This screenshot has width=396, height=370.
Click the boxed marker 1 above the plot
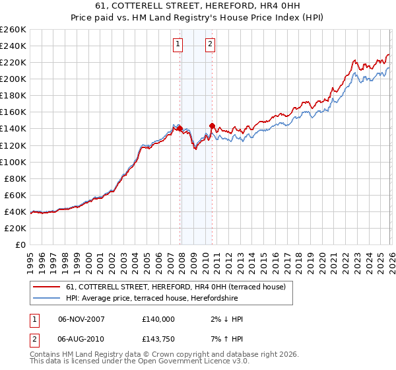[x=178, y=44]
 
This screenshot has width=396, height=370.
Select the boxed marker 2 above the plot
[x=210, y=44]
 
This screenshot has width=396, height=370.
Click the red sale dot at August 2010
[x=212, y=125]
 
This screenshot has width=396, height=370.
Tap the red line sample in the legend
[x=46, y=287]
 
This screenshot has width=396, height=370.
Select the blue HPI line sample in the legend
[x=46, y=299]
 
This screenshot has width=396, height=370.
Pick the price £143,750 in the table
[x=158, y=338]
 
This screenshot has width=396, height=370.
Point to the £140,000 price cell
[x=158, y=318]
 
